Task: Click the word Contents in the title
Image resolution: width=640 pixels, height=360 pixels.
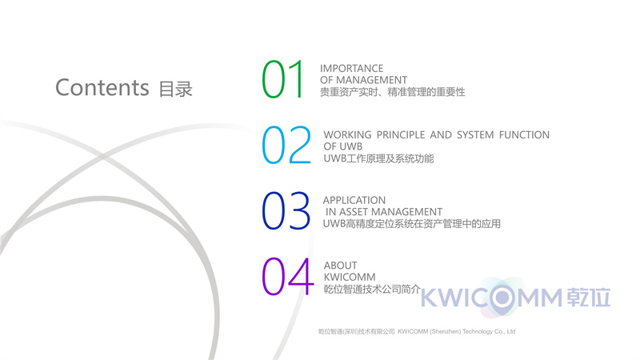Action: coord(102,87)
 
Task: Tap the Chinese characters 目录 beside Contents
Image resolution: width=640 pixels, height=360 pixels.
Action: coord(175,90)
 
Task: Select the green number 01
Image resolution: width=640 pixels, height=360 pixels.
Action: coord(282,79)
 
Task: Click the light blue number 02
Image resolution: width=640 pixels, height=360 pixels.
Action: coord(286,146)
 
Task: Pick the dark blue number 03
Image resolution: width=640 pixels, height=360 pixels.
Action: coord(286,211)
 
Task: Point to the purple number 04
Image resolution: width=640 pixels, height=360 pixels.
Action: coord(287,276)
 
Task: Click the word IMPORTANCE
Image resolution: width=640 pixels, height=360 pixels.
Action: coord(351,68)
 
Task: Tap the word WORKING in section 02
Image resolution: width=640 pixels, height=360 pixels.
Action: coord(347,134)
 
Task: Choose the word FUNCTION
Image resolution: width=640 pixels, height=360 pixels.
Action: coord(524,134)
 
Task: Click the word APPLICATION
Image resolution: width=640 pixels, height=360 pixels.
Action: coord(354,201)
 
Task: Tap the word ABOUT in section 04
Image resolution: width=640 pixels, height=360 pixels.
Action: coord(341,266)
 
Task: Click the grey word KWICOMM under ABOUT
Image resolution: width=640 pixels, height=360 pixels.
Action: coord(350,277)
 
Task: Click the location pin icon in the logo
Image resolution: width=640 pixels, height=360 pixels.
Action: coord(502,298)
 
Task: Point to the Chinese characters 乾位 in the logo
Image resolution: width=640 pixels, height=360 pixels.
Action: coord(589,297)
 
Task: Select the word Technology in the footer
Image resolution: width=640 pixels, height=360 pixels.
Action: coord(477,331)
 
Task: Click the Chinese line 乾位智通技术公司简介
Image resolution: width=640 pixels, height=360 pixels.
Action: coord(372,289)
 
